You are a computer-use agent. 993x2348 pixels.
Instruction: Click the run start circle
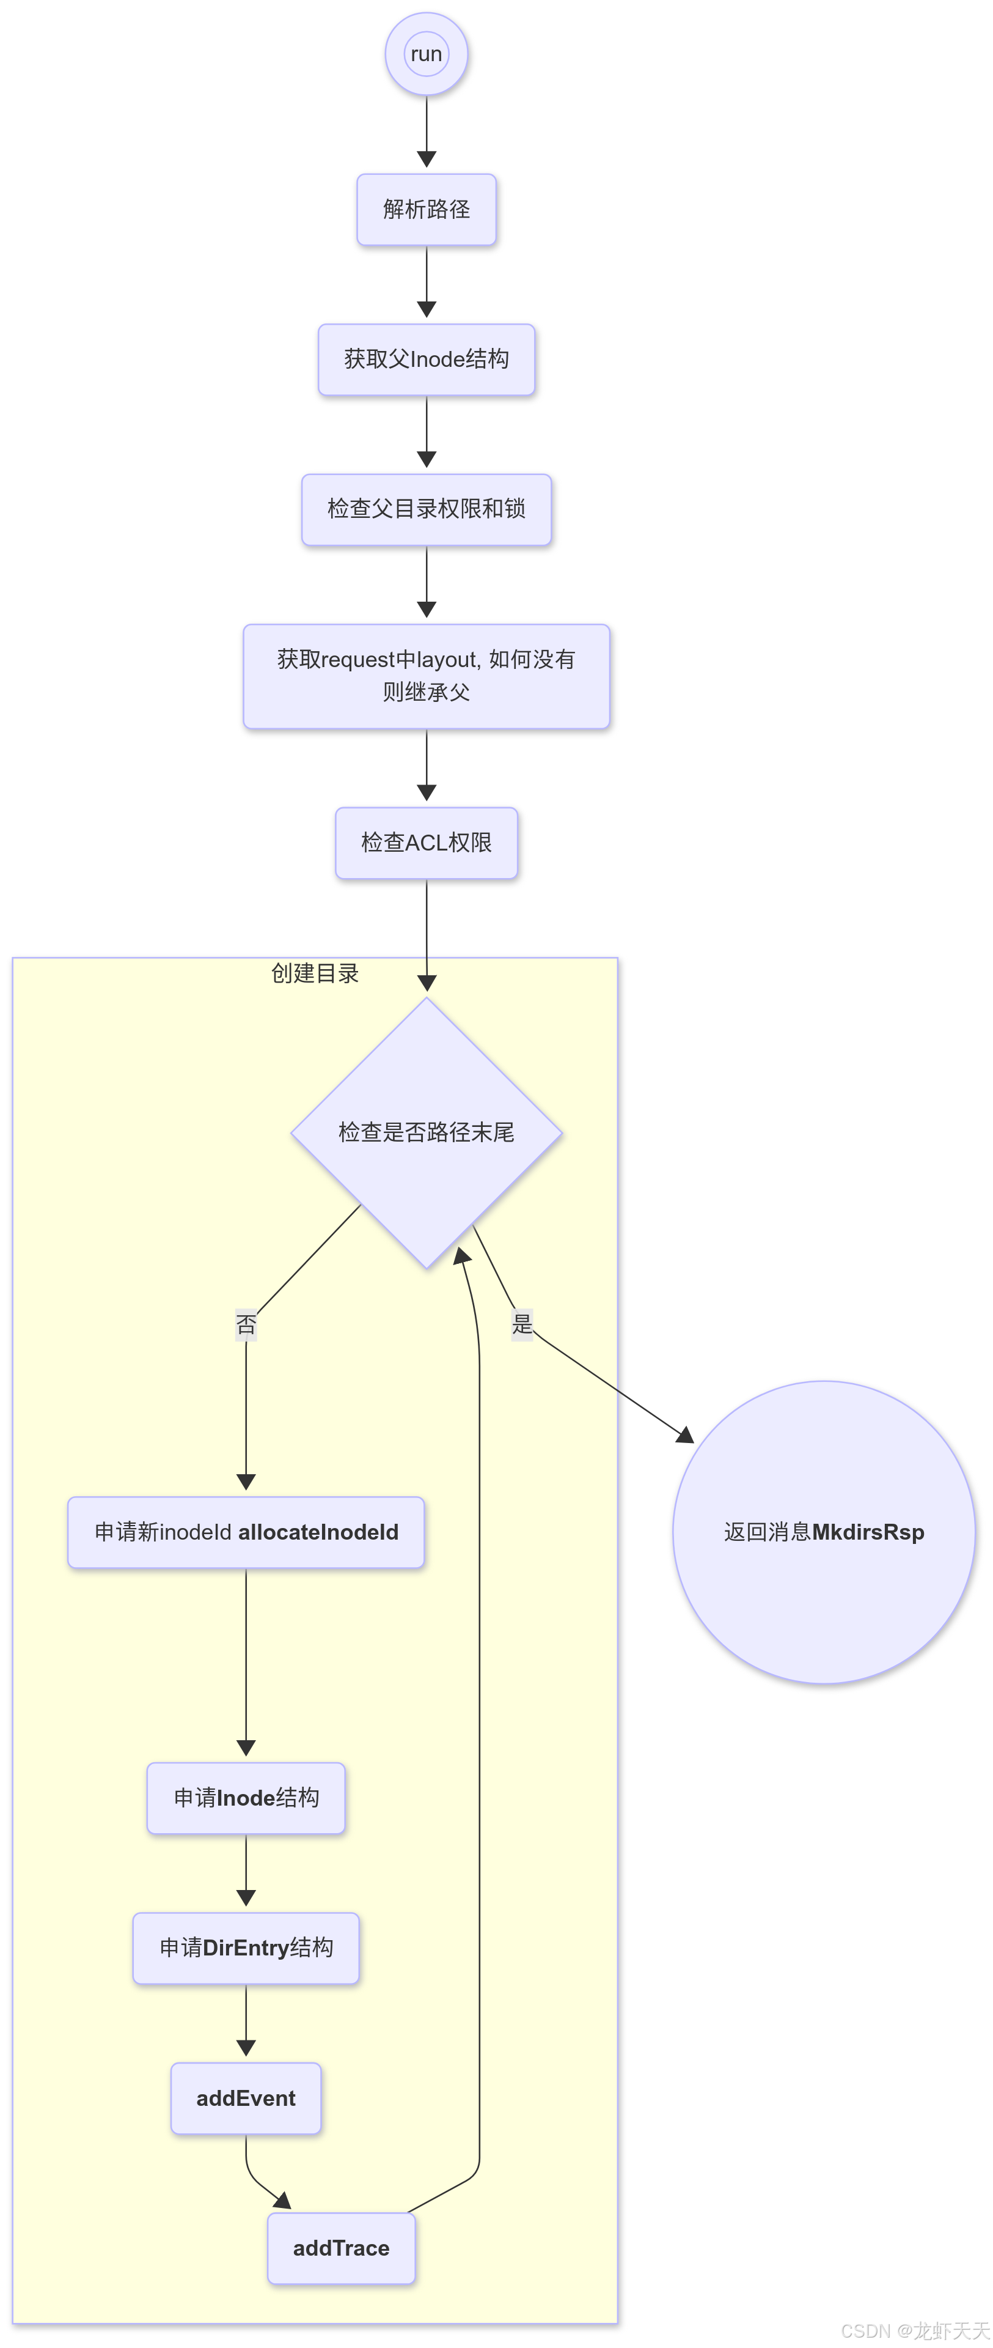(x=427, y=54)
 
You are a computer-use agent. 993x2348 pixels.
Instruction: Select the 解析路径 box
(x=427, y=210)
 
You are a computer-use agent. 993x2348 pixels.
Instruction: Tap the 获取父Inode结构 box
(x=427, y=359)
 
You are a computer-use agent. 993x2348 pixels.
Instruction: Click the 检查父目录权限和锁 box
(x=427, y=509)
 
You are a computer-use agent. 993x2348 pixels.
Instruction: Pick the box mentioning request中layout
(x=427, y=676)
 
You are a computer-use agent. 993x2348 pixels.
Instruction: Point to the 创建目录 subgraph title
(x=315, y=973)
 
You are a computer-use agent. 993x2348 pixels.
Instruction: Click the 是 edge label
(x=522, y=1323)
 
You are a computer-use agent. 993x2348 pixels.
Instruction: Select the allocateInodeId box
(x=246, y=1532)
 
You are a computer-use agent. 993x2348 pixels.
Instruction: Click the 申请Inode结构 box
(x=246, y=1798)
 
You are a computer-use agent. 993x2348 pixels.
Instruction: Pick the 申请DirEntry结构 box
(x=246, y=1948)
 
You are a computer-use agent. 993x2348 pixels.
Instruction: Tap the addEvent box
(x=246, y=2099)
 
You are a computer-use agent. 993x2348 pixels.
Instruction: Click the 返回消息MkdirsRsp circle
(x=824, y=1532)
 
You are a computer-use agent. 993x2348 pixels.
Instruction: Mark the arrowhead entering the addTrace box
(x=282, y=2201)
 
